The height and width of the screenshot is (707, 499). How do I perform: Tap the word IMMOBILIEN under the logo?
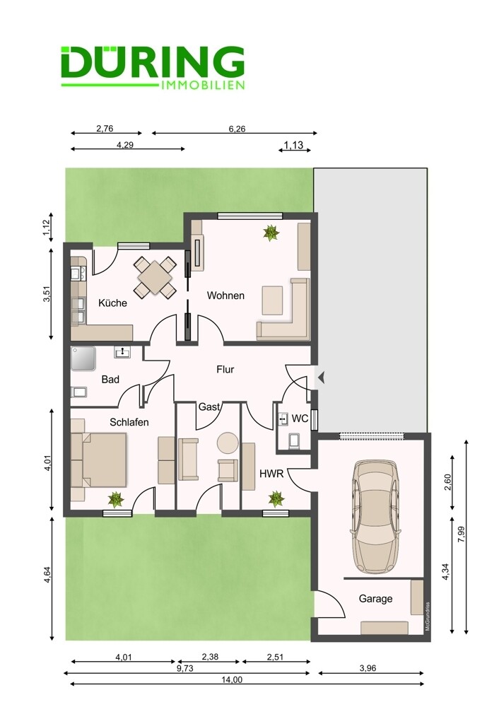click(x=203, y=86)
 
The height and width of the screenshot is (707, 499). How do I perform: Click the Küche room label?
click(x=112, y=303)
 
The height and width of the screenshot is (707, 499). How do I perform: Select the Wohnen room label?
click(x=225, y=296)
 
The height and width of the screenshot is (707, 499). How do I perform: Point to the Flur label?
click(x=225, y=370)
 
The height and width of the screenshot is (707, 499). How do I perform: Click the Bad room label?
click(x=110, y=380)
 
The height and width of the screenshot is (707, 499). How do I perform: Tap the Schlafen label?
click(x=129, y=423)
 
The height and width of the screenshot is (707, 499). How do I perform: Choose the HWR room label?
click(x=271, y=474)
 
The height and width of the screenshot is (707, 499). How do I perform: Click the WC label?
click(x=300, y=419)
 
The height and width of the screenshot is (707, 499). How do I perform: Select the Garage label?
click(x=375, y=599)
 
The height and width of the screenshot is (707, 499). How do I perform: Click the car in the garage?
click(x=375, y=516)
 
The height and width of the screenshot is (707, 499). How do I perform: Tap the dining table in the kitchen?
click(x=155, y=277)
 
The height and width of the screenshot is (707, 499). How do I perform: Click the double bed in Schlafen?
click(x=98, y=460)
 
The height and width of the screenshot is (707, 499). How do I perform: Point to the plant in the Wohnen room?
click(x=271, y=233)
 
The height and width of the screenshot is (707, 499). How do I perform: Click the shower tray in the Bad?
click(x=83, y=358)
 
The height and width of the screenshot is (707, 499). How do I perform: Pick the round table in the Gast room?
click(x=228, y=443)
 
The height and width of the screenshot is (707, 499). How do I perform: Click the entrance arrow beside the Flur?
click(x=321, y=378)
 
